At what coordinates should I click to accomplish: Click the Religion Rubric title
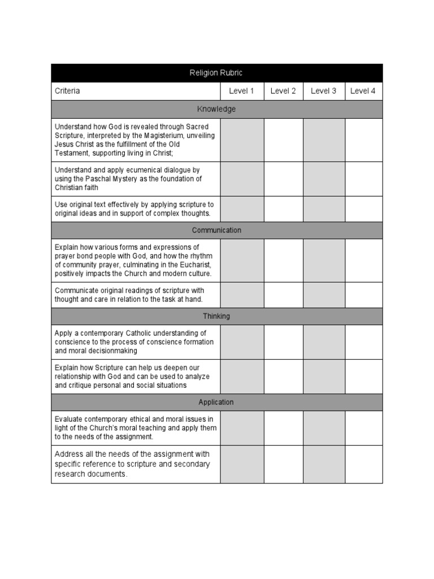coord(216,73)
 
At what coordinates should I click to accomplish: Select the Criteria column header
coord(67,91)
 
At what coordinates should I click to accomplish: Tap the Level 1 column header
coord(241,91)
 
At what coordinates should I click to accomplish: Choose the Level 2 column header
coord(283,91)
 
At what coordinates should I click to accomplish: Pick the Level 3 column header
coord(323,91)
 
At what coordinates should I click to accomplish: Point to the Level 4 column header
coord(363,91)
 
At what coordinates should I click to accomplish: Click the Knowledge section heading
coord(216,109)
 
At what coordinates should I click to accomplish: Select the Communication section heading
coord(216,230)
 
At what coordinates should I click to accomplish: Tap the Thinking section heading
coord(216,316)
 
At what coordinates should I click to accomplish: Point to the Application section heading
coord(216,402)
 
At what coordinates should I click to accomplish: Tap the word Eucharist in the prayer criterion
coord(192,265)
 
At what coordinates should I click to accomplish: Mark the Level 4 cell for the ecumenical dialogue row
coord(363,179)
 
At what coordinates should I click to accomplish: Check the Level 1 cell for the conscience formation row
coord(242,342)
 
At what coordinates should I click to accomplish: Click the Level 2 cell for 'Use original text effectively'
coord(283,209)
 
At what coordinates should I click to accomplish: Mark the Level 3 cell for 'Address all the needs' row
coord(324,464)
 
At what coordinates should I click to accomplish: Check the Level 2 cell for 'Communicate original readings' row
coord(283,295)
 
